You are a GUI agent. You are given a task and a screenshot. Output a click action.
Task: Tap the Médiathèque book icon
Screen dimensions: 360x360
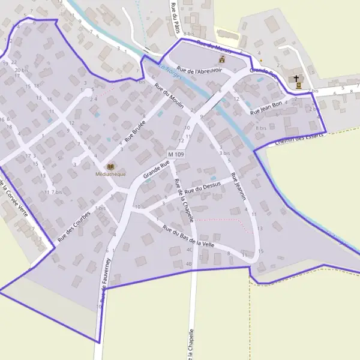(x=111, y=166)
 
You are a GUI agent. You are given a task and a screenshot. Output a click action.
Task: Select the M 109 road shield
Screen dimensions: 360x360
(x=176, y=155)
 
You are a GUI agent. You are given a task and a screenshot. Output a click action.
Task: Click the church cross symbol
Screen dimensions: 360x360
(x=296, y=79)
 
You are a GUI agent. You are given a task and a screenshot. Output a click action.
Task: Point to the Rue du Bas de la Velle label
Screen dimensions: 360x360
(x=188, y=236)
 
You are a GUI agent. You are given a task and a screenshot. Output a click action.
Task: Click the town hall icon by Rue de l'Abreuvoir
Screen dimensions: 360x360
(x=223, y=60)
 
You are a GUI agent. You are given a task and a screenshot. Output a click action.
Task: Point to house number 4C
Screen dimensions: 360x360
(x=189, y=250)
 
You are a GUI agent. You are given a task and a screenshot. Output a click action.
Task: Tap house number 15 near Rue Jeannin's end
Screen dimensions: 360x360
(x=260, y=251)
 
